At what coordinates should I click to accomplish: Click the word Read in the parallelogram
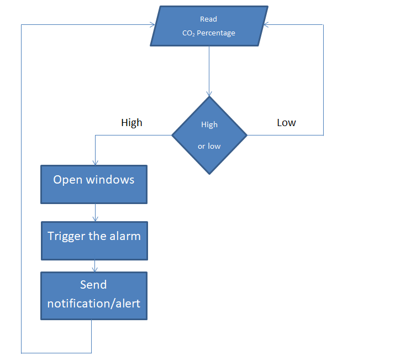pyautogui.click(x=208, y=19)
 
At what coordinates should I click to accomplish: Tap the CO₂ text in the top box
pyautogui.click(x=188, y=33)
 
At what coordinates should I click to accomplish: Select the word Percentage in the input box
pyautogui.click(x=216, y=33)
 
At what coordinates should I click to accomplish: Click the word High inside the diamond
pyautogui.click(x=209, y=124)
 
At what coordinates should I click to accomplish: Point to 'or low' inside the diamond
pyautogui.click(x=209, y=146)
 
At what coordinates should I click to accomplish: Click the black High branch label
pyautogui.click(x=131, y=123)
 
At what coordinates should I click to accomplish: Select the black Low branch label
pyautogui.click(x=286, y=123)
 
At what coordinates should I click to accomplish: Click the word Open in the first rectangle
pyautogui.click(x=68, y=180)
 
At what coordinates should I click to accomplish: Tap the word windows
pyautogui.click(x=110, y=180)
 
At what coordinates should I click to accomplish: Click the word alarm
pyautogui.click(x=125, y=236)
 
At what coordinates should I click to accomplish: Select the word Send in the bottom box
pyautogui.click(x=93, y=285)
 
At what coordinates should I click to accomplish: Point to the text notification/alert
pyautogui.click(x=93, y=304)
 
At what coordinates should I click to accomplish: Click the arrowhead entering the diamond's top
pyautogui.click(x=209, y=94)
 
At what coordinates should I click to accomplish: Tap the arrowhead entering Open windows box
pyautogui.click(x=96, y=163)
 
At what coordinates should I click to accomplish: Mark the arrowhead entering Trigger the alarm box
pyautogui.click(x=96, y=219)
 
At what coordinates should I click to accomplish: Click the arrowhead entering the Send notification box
pyautogui.click(x=95, y=269)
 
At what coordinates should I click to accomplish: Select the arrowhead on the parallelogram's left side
pyautogui.click(x=152, y=25)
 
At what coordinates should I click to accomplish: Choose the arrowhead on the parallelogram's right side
pyautogui.click(x=266, y=25)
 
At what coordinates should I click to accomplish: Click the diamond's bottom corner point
pyautogui.click(x=209, y=174)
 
